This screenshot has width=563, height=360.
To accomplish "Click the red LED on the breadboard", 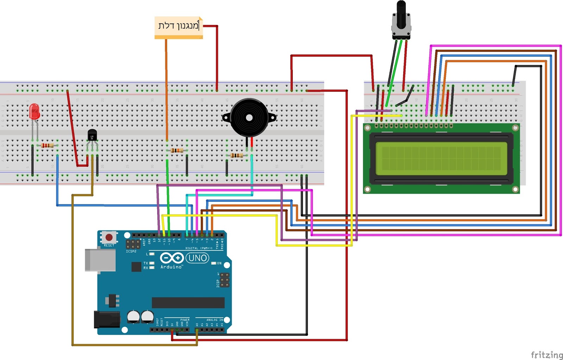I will point(34,112).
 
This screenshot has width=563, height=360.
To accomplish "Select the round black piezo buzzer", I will point(249,118).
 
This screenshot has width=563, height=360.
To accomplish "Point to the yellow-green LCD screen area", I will point(441,158).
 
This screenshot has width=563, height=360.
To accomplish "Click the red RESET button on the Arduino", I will point(109,237).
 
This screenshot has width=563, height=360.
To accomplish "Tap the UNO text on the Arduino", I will point(197,258).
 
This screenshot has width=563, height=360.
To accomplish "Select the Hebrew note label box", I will point(179,26).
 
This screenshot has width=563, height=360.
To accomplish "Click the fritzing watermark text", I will point(546,355).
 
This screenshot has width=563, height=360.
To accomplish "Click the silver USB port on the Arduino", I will point(100,260).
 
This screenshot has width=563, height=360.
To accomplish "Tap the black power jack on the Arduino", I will point(107,319).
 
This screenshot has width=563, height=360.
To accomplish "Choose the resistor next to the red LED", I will point(47,145).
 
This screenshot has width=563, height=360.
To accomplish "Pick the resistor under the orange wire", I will point(177,151).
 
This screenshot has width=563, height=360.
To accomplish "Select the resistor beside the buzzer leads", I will point(236,155).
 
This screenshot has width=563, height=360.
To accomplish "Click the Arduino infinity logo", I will point(172,258).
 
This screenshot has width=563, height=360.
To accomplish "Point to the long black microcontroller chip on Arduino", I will point(188,302).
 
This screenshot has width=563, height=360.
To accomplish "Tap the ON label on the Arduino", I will point(219,263).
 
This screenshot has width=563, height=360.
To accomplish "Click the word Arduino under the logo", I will point(171,267).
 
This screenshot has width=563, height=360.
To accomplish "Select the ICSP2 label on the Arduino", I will point(131,251).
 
